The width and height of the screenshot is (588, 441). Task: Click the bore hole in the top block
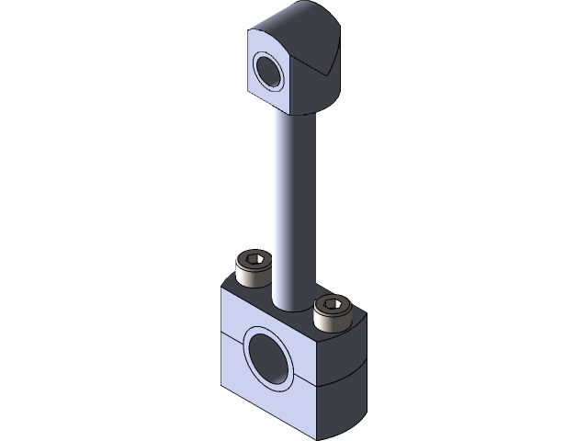(x=270, y=72)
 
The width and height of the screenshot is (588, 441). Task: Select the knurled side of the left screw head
(x=251, y=274)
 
